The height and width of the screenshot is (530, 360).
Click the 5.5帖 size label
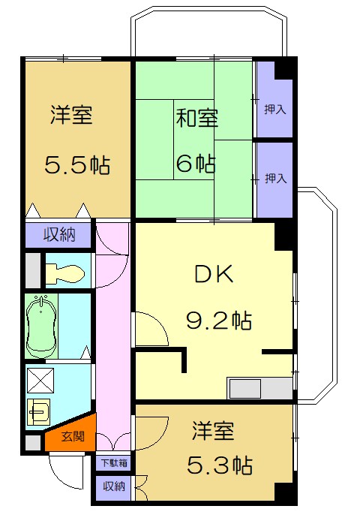(77, 165)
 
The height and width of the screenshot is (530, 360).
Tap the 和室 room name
(197, 118)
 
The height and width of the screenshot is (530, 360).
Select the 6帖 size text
(196, 164)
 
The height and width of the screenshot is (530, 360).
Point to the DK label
(214, 274)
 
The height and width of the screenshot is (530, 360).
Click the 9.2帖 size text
(219, 321)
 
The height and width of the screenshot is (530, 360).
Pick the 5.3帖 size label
(220, 465)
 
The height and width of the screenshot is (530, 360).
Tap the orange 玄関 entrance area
(72, 435)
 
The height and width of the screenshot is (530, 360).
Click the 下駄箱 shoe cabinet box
(114, 462)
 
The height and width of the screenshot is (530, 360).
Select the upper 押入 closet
(274, 100)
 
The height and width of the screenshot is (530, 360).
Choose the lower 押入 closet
(275, 180)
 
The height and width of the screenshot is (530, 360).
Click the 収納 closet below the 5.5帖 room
(58, 234)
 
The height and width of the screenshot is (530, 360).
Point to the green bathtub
(40, 326)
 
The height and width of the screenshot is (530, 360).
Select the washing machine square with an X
(40, 381)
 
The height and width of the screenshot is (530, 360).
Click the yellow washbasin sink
(38, 412)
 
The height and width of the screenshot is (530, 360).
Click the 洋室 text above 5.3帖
(212, 431)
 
